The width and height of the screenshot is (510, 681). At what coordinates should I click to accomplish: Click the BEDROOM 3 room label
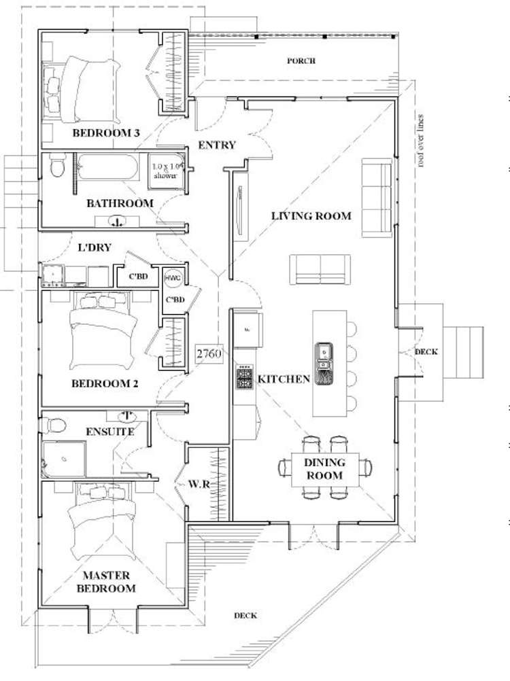click(106, 133)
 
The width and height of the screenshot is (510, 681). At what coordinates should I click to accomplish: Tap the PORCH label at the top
click(301, 61)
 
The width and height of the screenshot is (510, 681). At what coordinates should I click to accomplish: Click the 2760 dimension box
click(209, 354)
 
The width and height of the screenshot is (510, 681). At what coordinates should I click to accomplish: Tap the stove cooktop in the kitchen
click(244, 377)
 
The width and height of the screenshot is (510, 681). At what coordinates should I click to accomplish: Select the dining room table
click(324, 468)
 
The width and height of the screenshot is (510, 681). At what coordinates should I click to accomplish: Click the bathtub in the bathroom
click(109, 167)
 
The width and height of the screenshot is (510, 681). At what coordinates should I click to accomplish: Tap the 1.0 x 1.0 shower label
click(167, 170)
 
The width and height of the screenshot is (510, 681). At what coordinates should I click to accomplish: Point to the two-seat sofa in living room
click(320, 269)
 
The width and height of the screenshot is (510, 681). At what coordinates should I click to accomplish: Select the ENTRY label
click(216, 145)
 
